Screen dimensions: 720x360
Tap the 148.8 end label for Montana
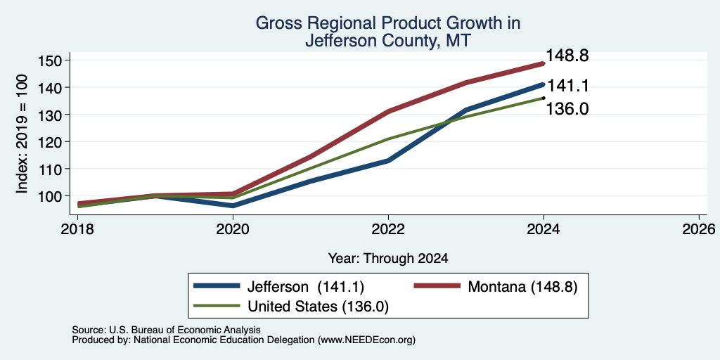click(567, 56)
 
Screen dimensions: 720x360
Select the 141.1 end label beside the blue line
click(567, 86)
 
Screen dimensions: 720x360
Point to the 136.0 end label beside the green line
click(567, 109)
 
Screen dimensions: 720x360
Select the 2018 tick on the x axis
click(77, 229)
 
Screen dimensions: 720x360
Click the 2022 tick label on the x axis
click(388, 229)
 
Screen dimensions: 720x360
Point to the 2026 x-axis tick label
click(699, 229)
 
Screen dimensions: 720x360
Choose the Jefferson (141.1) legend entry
click(278, 287)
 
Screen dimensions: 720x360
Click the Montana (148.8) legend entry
click(496, 287)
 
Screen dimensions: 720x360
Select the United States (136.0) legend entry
click(292, 306)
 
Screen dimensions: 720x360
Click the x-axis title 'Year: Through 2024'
click(388, 259)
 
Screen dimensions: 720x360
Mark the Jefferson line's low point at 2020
click(233, 206)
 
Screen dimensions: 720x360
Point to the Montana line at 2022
click(388, 111)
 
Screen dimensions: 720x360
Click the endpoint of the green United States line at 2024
click(544, 98)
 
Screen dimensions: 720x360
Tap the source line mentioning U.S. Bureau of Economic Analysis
click(166, 330)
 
